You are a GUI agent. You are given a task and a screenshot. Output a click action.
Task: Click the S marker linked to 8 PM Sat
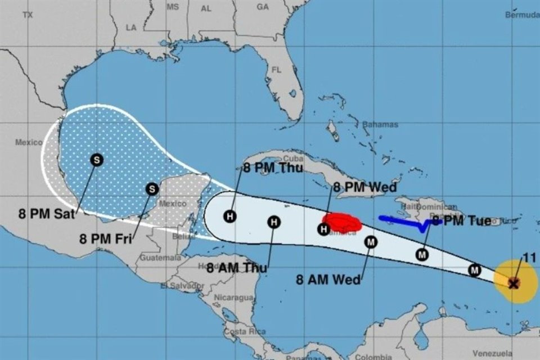(x=97, y=160)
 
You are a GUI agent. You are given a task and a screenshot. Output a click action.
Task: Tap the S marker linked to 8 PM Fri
(x=152, y=189)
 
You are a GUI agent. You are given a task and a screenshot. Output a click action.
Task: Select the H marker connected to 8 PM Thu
(x=229, y=215)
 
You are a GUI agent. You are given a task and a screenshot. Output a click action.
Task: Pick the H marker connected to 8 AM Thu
(x=274, y=222)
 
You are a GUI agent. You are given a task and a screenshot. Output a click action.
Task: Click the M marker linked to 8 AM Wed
(x=371, y=242)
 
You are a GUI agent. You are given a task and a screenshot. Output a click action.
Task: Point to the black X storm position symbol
(x=514, y=283)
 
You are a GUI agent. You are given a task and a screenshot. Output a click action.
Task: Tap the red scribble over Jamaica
(x=341, y=223)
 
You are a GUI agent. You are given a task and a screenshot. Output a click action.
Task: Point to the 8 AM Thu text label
(x=237, y=268)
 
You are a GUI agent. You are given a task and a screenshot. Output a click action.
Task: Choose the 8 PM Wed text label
(x=365, y=188)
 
